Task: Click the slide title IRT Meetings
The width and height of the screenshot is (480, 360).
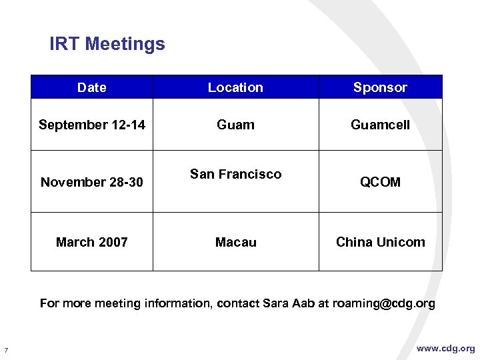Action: coord(107,45)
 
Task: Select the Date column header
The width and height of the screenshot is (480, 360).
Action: coord(91,87)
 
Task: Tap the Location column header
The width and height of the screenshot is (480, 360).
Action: coord(235,87)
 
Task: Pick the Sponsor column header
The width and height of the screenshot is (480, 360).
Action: coord(380,87)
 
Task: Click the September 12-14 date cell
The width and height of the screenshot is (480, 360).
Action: coord(92,125)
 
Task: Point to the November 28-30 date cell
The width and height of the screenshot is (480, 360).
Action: coord(92,182)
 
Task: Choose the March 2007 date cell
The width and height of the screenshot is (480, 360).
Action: coord(92,242)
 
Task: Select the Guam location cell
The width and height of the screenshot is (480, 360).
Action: coord(235,125)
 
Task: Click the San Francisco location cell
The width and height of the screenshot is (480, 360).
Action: coord(235,174)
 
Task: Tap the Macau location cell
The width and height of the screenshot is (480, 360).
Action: coord(235,242)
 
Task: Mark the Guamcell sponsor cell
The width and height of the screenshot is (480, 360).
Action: coord(380,125)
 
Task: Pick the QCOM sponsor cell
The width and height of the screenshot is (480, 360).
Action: coord(380,182)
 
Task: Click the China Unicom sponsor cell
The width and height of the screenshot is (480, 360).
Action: coord(380,242)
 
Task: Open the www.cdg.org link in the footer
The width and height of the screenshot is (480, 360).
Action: coord(446,349)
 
